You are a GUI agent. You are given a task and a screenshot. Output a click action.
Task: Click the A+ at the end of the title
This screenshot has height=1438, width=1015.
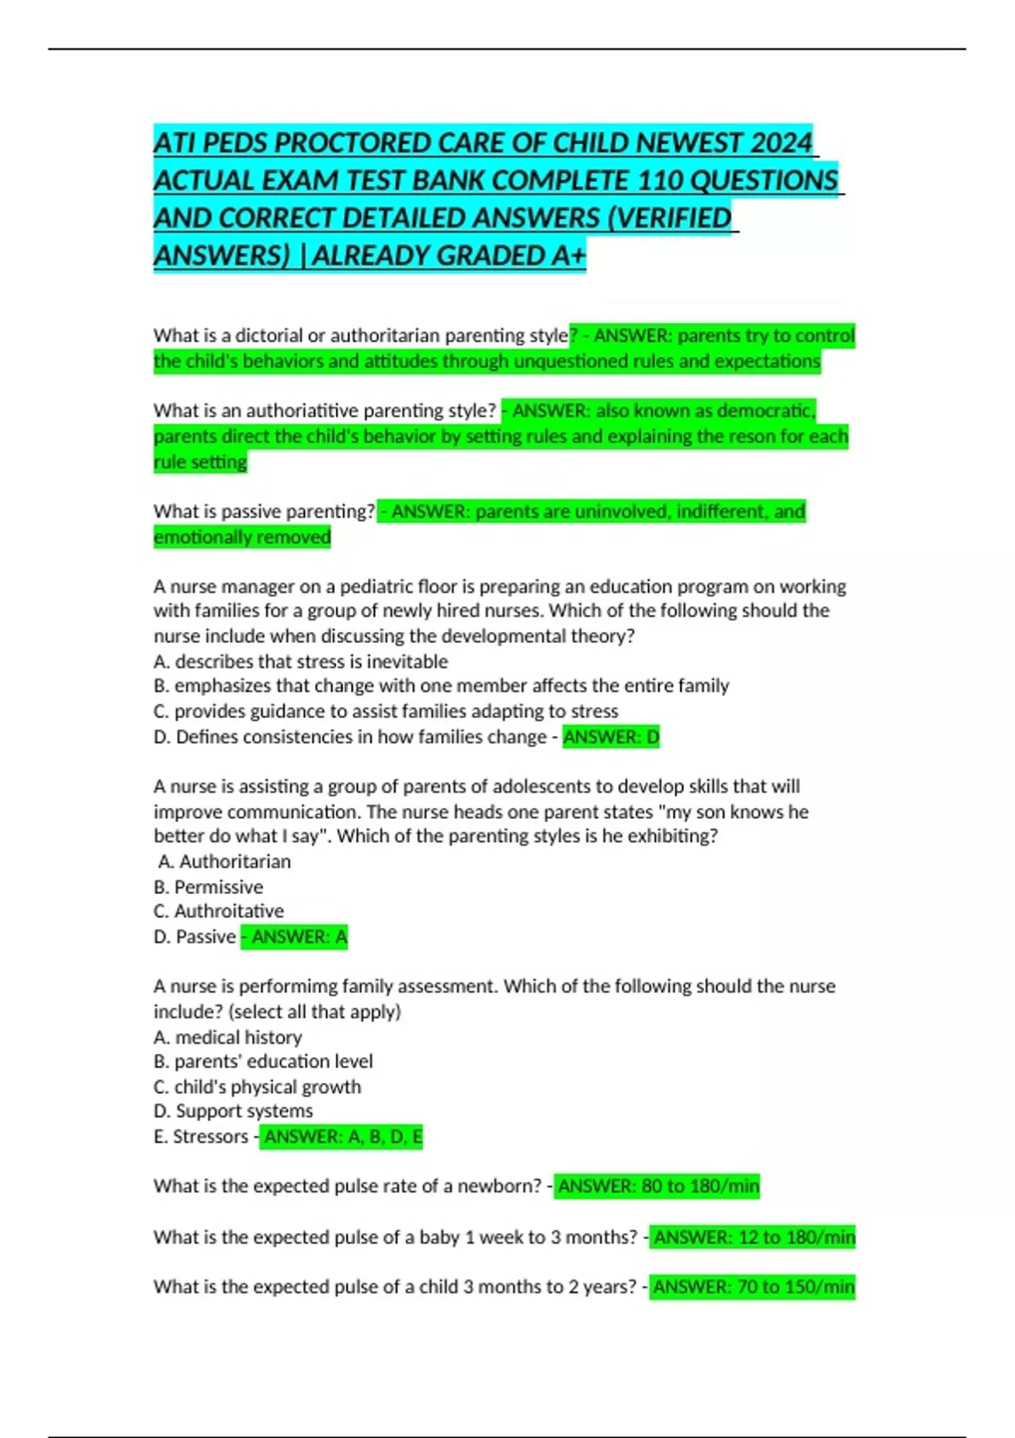coord(568,255)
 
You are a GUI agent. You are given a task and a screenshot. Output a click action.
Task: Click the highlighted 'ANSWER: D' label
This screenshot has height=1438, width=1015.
coord(611,738)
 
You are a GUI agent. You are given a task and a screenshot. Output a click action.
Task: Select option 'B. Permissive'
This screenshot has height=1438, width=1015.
coord(208,887)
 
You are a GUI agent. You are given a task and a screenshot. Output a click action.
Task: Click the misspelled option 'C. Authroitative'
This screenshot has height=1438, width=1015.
coord(218,912)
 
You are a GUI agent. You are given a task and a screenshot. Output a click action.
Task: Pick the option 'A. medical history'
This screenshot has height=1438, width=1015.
coord(228,1037)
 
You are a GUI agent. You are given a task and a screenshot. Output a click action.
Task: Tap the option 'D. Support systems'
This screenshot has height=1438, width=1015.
coord(233,1111)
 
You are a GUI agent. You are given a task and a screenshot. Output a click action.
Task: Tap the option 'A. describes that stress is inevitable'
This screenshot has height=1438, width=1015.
coord(300,661)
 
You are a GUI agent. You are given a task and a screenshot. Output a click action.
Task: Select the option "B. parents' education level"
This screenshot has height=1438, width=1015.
coord(262,1062)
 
